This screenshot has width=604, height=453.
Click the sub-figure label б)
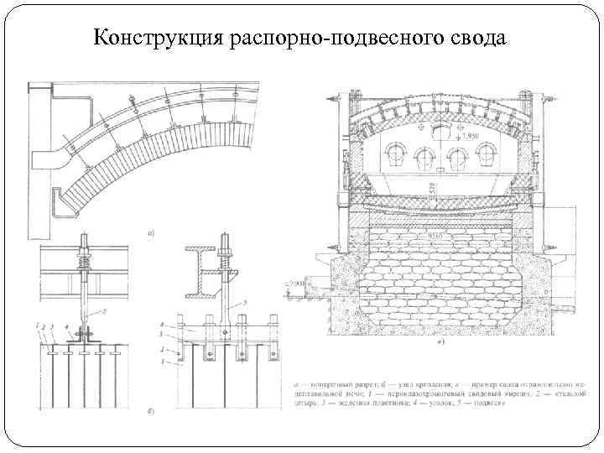point(149,410)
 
